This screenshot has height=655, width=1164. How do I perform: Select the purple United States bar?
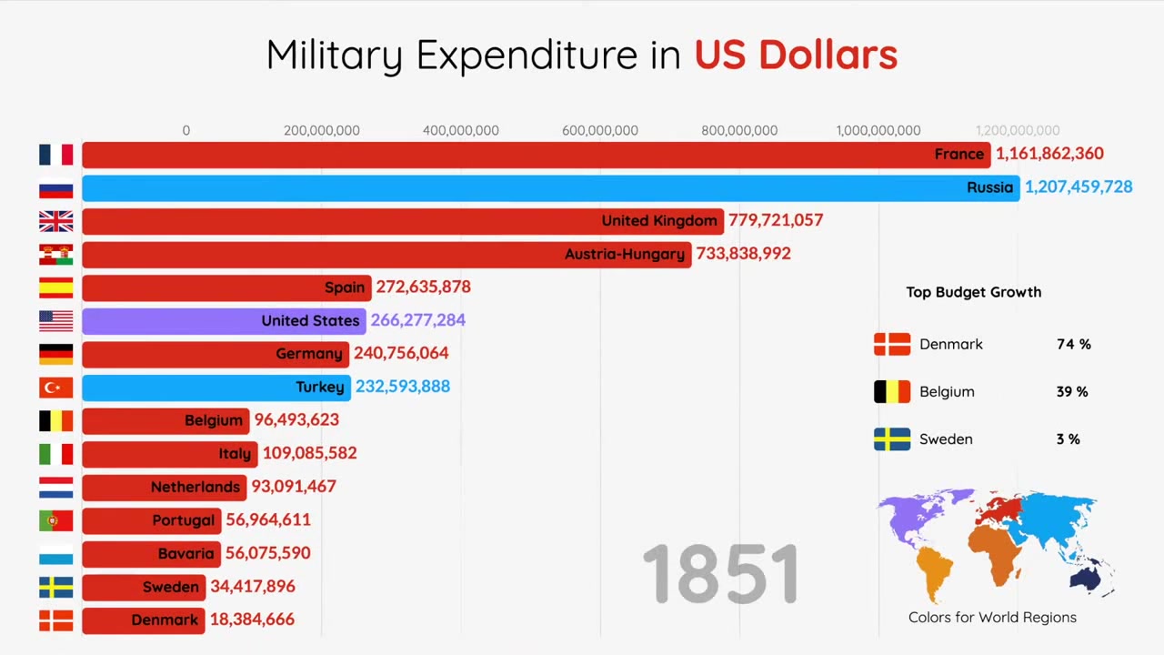click(224, 320)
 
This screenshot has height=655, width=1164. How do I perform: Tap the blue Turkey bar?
click(216, 388)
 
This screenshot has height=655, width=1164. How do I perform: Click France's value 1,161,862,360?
click(1049, 154)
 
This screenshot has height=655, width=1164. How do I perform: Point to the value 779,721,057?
click(775, 220)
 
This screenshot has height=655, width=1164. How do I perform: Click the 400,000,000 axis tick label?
click(460, 131)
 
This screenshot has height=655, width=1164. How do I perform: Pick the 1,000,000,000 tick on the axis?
click(878, 131)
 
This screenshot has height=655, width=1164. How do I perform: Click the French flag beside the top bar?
click(55, 155)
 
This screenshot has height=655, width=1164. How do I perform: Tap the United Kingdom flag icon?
click(55, 221)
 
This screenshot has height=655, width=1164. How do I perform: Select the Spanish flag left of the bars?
click(55, 287)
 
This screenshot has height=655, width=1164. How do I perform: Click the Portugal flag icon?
click(55, 520)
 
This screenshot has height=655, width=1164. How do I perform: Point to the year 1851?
click(720, 574)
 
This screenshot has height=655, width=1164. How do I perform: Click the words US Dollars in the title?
click(796, 55)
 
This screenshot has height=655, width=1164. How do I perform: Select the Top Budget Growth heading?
click(973, 292)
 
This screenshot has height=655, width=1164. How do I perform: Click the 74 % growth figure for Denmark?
click(1073, 345)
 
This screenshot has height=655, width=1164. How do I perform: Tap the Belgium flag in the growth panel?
click(891, 392)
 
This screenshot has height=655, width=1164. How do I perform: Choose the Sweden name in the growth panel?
click(946, 439)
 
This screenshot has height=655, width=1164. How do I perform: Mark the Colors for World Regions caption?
click(992, 618)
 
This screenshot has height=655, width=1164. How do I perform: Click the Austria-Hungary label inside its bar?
click(624, 254)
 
